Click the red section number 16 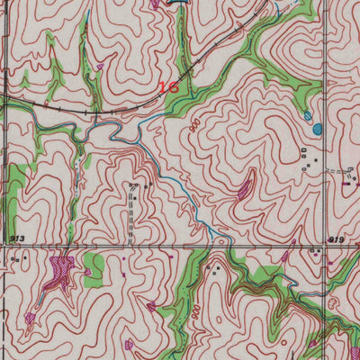click(168, 87)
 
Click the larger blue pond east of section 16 click(316, 129)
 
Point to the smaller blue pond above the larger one click(309, 116)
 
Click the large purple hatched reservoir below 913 click(60, 269)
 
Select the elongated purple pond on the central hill click(244, 189)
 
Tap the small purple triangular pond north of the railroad click(100, 66)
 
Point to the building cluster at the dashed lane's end click(136, 186)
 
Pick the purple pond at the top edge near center click(156, 4)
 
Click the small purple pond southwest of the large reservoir click(31, 317)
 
